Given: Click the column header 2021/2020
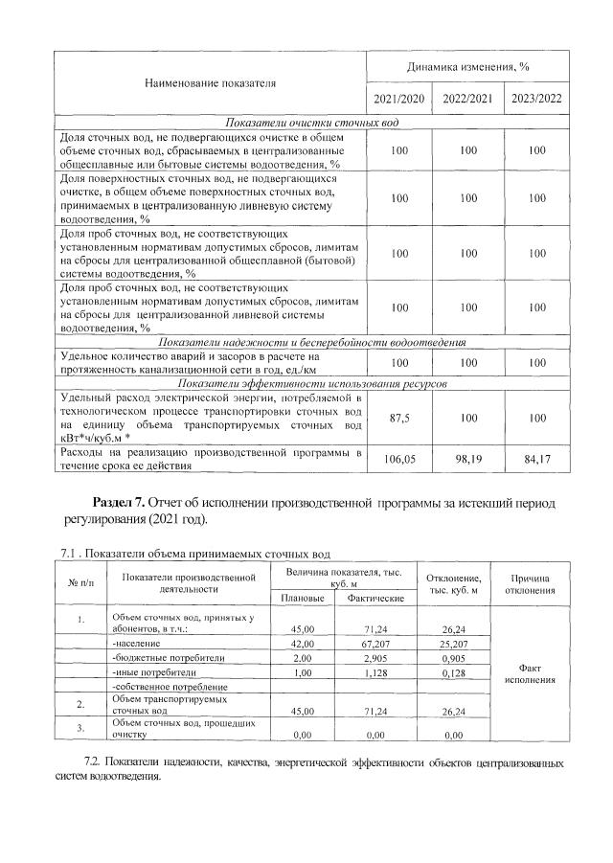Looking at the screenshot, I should (x=399, y=99).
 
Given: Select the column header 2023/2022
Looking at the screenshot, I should (x=536, y=99).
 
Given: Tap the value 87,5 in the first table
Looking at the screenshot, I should (x=399, y=419).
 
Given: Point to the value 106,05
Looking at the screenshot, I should (x=399, y=459).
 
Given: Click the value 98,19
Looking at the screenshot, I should (x=468, y=459).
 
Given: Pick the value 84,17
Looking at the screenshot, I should (x=536, y=459).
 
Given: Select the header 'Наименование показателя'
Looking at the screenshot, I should (x=211, y=83).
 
